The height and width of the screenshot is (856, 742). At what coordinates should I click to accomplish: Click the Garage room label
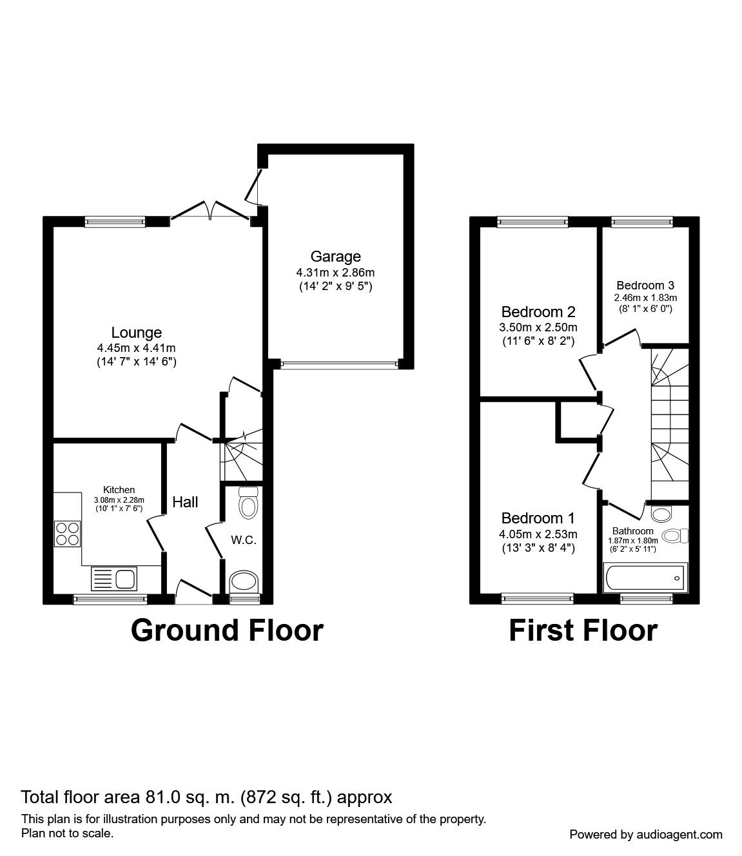335,257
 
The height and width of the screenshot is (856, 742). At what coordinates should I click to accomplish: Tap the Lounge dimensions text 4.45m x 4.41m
136,348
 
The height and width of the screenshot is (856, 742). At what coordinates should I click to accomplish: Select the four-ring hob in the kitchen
67,533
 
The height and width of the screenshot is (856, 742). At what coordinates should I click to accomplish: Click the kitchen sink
114,578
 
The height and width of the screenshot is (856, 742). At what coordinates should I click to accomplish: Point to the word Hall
185,502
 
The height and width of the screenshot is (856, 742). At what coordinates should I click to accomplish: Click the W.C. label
244,540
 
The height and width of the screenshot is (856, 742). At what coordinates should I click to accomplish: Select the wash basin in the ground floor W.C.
244,581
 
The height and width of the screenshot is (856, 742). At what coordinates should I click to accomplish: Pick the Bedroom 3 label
645,285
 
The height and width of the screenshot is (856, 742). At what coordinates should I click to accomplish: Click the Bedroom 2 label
538,312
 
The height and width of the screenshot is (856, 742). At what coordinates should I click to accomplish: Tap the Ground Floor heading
227,630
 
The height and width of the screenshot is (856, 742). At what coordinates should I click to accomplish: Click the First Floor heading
583,630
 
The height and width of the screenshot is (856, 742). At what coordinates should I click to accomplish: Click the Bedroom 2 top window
532,222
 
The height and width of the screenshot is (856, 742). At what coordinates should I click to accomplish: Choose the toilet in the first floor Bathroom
674,536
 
